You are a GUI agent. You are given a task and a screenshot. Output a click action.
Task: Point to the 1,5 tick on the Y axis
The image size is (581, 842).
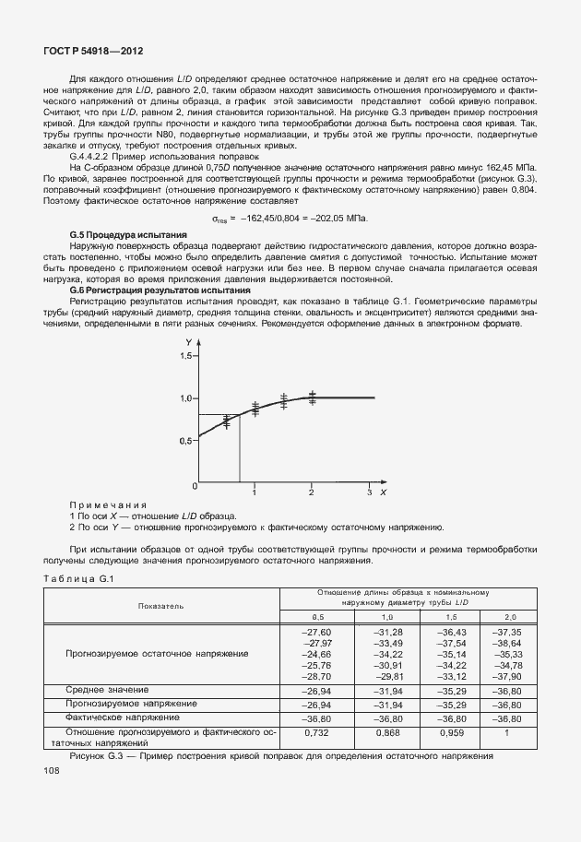pyautogui.click(x=187, y=355)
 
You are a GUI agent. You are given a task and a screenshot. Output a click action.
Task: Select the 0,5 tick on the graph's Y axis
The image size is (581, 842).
pyautogui.click(x=187, y=441)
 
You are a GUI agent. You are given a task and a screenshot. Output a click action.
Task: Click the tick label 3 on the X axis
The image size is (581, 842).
pyautogui.click(x=368, y=493)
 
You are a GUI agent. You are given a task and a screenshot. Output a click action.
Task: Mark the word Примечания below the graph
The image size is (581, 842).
pyautogui.click(x=108, y=505)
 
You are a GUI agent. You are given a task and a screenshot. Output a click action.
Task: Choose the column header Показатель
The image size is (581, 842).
pyautogui.click(x=161, y=606)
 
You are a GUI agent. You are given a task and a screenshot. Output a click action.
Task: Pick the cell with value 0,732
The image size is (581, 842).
pyautogui.click(x=317, y=731)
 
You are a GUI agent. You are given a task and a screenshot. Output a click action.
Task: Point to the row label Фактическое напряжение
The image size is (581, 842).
pyautogui.click(x=120, y=717)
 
